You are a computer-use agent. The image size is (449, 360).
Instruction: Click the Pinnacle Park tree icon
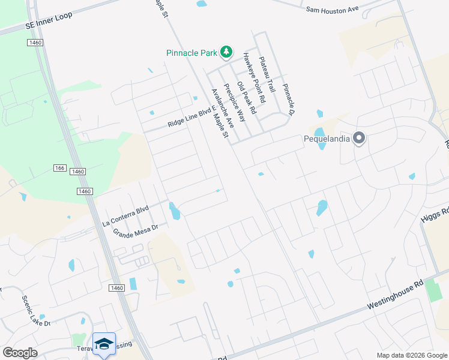[x=226, y=53]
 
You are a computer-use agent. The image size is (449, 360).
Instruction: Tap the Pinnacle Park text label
[x=191, y=53]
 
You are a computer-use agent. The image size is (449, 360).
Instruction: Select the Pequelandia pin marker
[x=359, y=139]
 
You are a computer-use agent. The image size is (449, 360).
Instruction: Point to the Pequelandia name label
[x=327, y=139]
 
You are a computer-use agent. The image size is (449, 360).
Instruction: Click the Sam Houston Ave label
[x=331, y=10]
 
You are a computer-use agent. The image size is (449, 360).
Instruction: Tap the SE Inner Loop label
[x=49, y=22]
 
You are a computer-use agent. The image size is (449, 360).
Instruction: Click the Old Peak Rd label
[x=246, y=98]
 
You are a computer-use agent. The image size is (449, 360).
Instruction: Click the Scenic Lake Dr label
[x=36, y=311]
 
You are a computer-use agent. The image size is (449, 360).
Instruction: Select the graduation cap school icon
[x=104, y=344]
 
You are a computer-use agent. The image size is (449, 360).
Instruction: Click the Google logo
[x=20, y=353]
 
